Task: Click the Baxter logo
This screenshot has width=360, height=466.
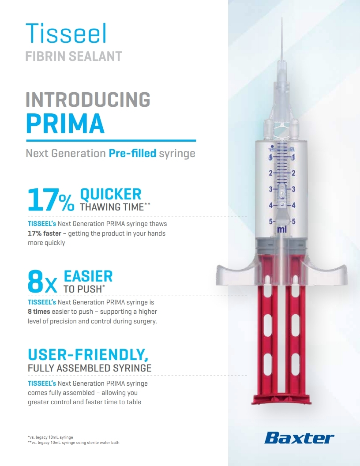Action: (299, 438)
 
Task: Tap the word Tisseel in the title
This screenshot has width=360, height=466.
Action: (66, 33)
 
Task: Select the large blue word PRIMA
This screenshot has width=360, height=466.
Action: (65, 123)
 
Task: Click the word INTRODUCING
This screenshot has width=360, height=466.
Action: (88, 99)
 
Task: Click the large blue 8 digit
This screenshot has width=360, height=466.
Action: (35, 281)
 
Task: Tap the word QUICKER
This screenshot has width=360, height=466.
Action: (110, 194)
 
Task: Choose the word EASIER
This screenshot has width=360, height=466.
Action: (88, 276)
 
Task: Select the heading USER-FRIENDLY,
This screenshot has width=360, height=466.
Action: (88, 354)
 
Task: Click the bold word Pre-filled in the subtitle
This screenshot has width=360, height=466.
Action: (132, 153)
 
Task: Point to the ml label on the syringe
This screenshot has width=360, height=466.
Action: (281, 229)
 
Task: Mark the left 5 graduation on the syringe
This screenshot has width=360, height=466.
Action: (270, 222)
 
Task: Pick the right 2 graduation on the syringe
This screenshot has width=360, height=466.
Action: (293, 173)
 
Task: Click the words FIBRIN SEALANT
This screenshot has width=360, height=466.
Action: (74, 56)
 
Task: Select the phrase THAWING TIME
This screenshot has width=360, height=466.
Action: (112, 207)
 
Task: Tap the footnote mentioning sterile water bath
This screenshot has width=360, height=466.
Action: (74, 443)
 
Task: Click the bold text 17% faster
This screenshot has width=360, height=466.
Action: (45, 233)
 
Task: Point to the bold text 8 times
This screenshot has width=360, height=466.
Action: (39, 312)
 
